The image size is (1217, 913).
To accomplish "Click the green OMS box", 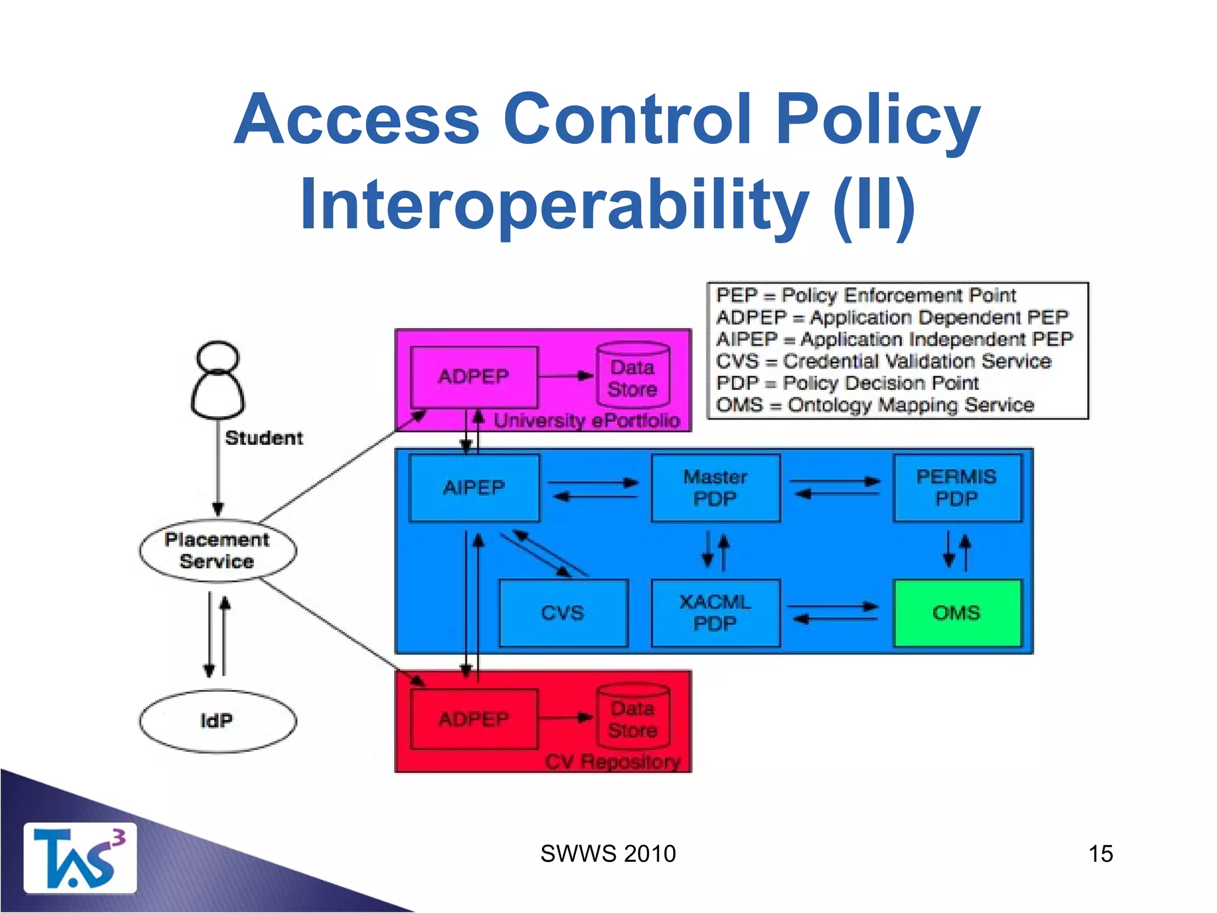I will [957, 613].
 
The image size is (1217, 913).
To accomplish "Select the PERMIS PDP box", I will [957, 487].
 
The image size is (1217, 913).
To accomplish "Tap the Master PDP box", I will [715, 487].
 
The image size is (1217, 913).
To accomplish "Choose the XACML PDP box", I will [715, 613].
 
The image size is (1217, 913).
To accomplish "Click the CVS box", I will [563, 613].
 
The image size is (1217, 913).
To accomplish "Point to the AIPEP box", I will [474, 487].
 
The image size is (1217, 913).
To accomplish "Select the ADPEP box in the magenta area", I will [474, 376].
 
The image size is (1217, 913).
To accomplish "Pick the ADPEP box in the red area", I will [474, 719].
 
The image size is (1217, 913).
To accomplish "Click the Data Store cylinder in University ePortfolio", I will [633, 376].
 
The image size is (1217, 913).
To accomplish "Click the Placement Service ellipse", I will [217, 550].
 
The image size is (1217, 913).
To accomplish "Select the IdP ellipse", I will [217, 721].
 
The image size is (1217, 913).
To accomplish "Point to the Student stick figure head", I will [217, 357].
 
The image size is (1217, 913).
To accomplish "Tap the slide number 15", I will [1100, 854].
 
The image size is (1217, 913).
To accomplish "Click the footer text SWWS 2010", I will [607, 854].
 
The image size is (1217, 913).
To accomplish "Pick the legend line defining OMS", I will [875, 405].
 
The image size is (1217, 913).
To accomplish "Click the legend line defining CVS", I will [883, 361].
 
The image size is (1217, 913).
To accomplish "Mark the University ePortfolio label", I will [587, 421].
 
